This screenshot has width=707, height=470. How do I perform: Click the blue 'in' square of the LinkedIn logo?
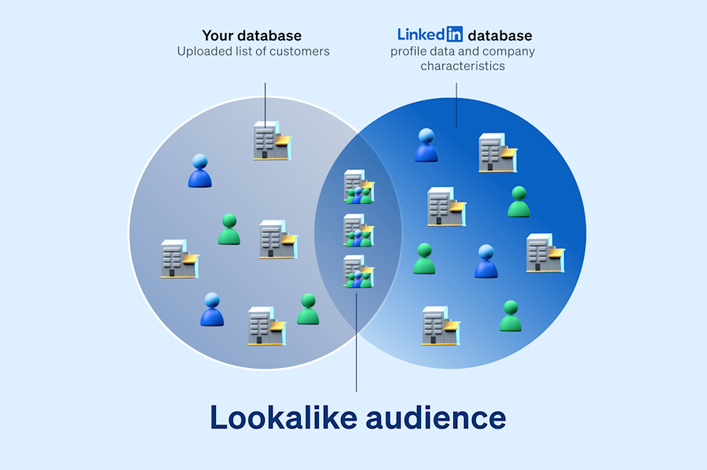click(x=454, y=35)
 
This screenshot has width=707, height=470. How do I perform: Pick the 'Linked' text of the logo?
click(x=421, y=35)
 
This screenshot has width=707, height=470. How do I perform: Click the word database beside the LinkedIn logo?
click(x=500, y=35)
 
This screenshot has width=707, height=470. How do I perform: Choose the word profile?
click(x=409, y=52)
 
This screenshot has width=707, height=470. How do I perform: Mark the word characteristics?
click(x=463, y=66)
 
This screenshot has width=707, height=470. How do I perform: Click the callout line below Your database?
click(x=265, y=102)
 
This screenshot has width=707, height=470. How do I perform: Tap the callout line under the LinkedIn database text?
click(x=456, y=105)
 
